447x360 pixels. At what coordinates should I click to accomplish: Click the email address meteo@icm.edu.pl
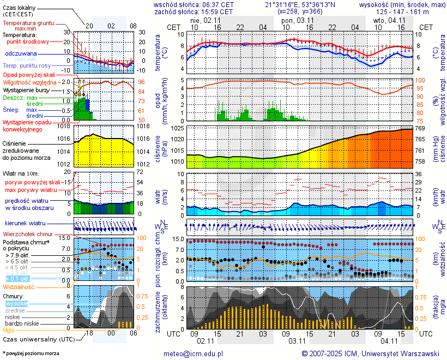tap(194, 353)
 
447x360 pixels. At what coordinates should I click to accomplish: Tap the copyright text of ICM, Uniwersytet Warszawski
tap(371, 353)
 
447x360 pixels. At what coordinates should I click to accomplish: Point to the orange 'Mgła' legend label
tap(9, 330)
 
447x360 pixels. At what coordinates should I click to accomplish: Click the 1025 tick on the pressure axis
tap(177, 128)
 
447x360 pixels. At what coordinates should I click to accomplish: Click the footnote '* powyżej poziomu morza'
tap(31, 353)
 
